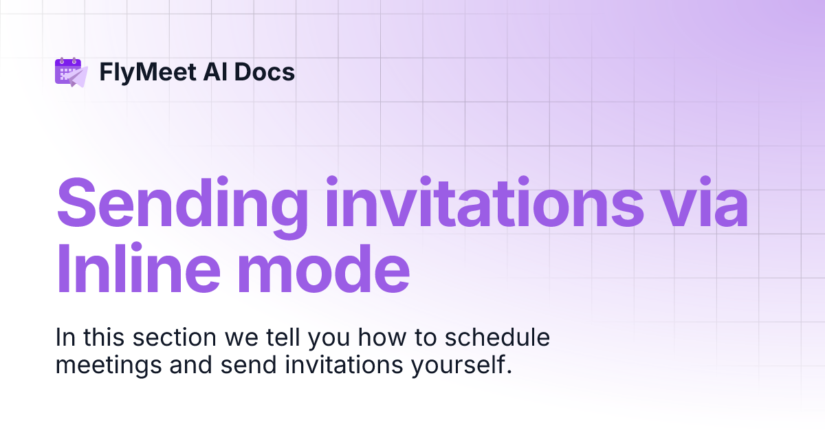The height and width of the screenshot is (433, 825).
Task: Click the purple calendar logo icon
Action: (x=67, y=70)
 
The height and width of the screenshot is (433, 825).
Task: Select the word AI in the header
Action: (x=208, y=71)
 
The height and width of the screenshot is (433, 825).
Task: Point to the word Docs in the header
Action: (x=265, y=71)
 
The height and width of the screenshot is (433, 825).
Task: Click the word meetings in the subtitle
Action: (x=106, y=365)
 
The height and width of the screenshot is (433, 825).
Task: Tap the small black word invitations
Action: (x=340, y=365)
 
